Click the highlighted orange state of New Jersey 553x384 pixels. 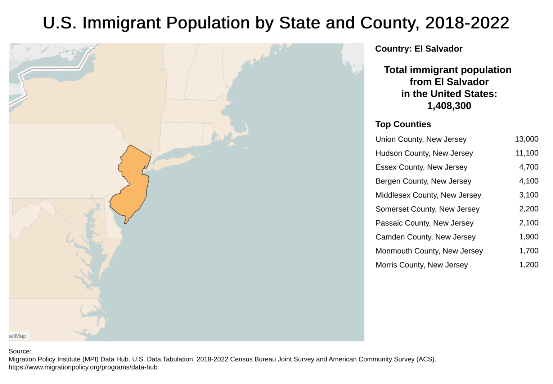click(134, 180)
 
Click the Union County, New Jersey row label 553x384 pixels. click(421, 139)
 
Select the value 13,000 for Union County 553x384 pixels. click(526, 139)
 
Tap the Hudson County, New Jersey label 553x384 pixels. click(424, 153)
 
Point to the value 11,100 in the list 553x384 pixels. click(527, 153)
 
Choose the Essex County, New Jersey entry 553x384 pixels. click(421, 167)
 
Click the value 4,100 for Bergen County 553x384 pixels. click(529, 181)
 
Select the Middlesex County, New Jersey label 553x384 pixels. click(428, 195)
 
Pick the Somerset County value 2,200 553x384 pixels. click(529, 209)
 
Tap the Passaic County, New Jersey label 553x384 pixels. click(424, 223)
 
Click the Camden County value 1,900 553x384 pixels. click(529, 237)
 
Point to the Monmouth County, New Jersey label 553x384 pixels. click(429, 251)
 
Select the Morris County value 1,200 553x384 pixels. click(529, 265)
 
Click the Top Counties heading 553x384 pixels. click(403, 124)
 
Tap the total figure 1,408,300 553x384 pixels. click(449, 106)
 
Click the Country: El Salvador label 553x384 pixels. click(418, 49)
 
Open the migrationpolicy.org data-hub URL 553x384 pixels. click(83, 367)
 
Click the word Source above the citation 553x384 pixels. click(19, 351)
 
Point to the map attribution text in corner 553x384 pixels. click(18, 336)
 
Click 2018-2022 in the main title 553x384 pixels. click(467, 23)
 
